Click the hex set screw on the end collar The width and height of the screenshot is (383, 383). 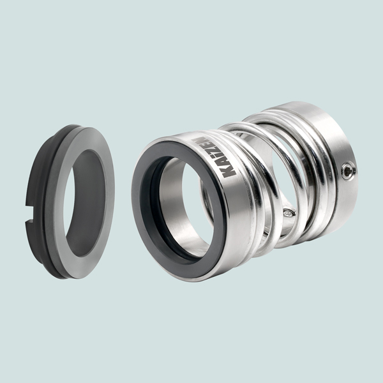coord(349,172)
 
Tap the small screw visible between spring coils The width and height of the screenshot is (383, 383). coord(289,213)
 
